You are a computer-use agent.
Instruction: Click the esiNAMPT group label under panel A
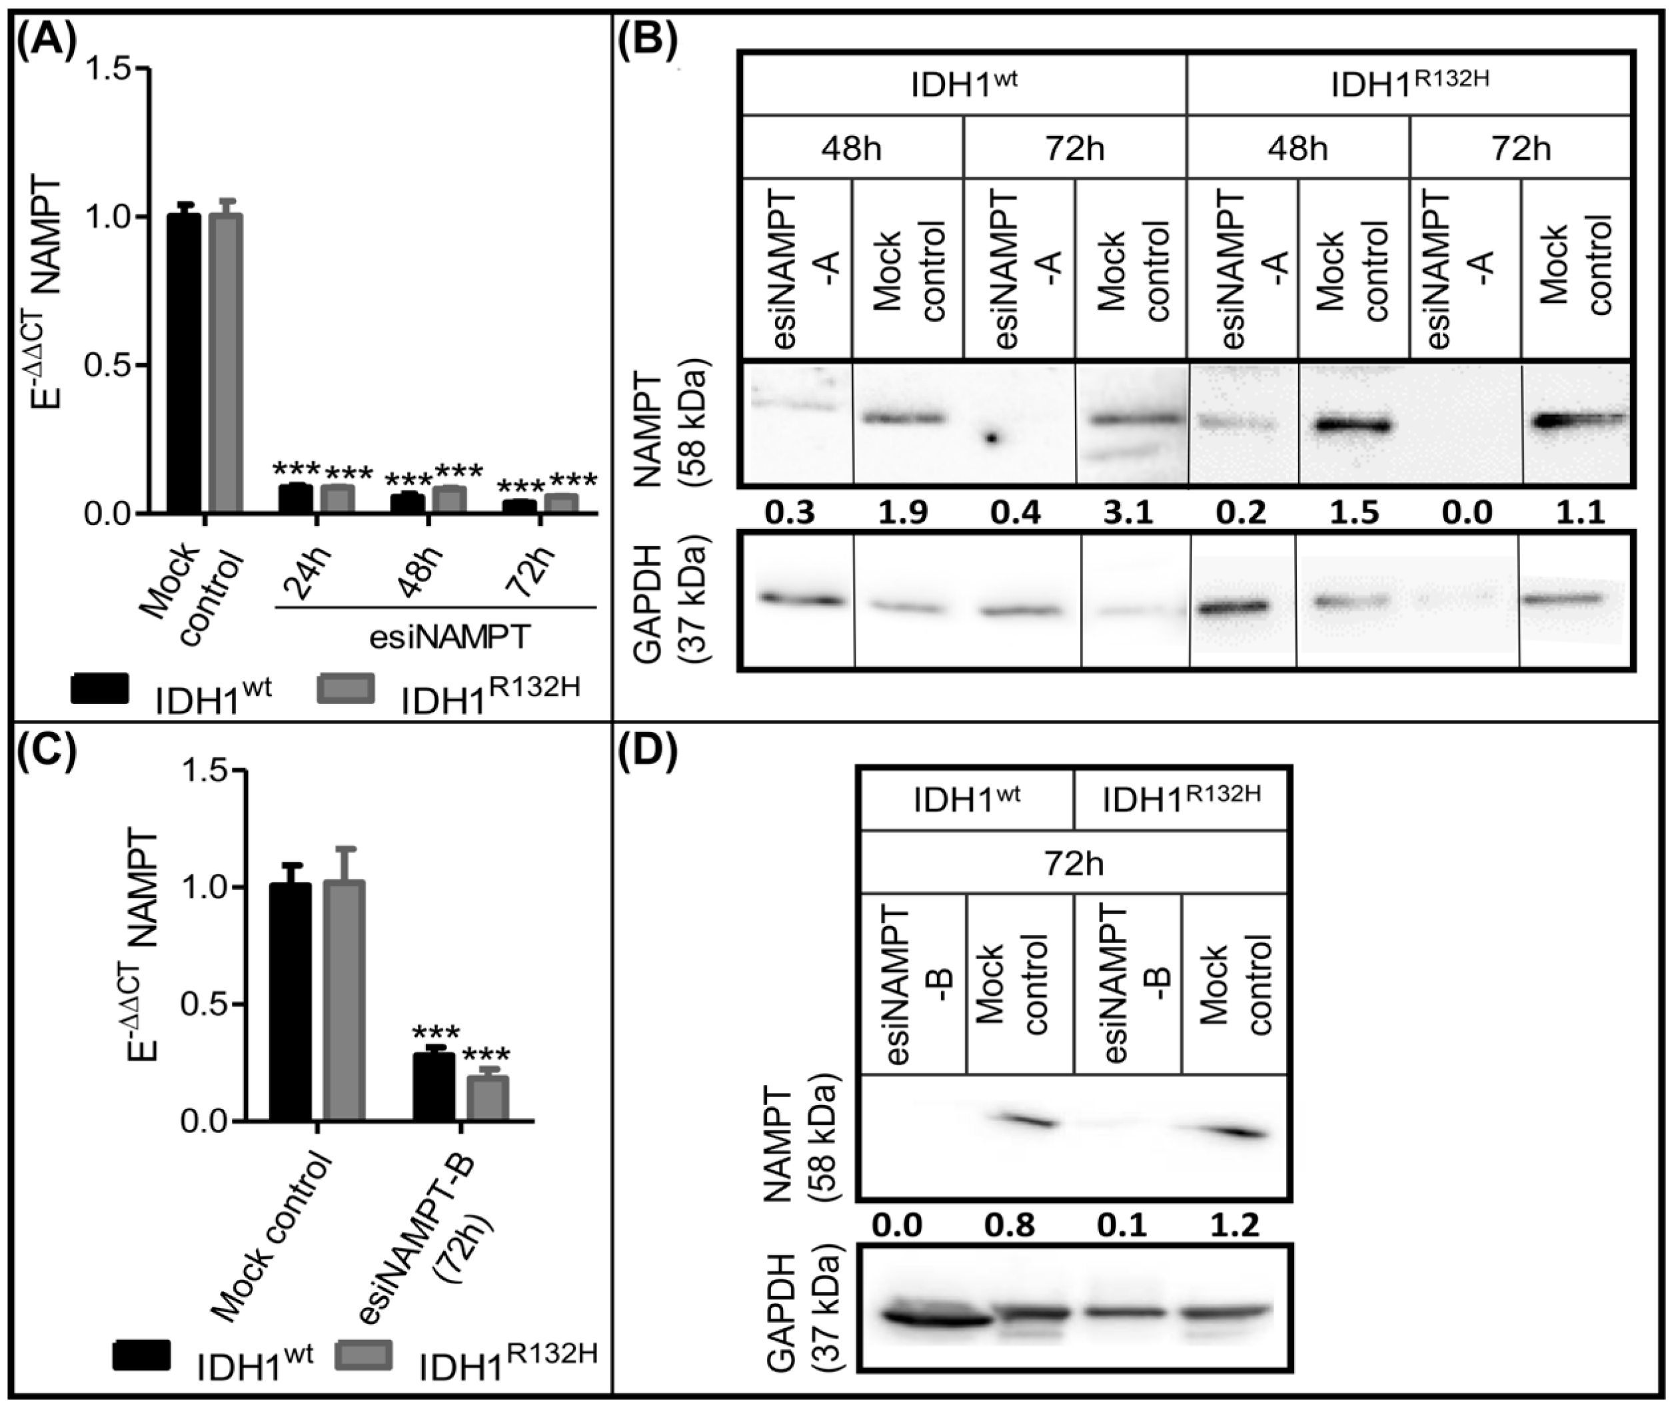(450, 637)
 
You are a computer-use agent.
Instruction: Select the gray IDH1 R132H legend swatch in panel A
(346, 688)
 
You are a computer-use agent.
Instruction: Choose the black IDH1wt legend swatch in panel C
(141, 1355)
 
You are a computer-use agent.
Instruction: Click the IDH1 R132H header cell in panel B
(1409, 85)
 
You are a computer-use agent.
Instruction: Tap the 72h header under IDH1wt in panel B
(1074, 148)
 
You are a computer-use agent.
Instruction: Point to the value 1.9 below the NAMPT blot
(903, 511)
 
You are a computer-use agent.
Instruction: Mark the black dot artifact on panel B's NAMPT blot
(992, 438)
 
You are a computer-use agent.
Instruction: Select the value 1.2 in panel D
(1234, 1224)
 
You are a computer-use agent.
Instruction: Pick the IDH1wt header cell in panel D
(966, 800)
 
